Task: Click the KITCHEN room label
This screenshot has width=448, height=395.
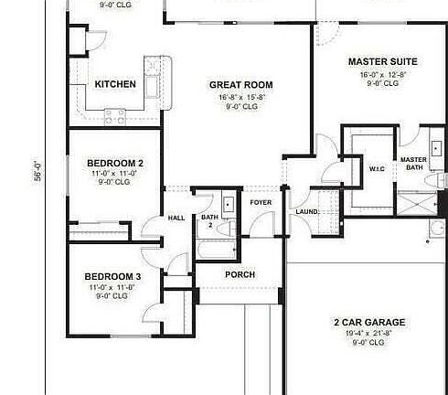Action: click(115, 85)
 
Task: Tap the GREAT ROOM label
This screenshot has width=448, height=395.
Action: click(241, 85)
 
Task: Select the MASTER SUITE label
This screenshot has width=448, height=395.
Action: click(382, 62)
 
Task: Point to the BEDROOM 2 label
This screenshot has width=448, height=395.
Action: click(112, 163)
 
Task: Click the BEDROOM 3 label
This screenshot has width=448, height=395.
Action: click(112, 276)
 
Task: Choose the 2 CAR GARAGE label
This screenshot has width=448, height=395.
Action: click(368, 322)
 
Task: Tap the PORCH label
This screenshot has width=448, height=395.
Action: click(240, 274)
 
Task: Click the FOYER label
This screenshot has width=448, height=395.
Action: click(261, 202)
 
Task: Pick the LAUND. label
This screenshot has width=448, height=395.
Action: click(306, 212)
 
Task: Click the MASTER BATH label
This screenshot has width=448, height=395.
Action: click(413, 164)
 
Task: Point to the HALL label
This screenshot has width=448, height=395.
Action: click(176, 218)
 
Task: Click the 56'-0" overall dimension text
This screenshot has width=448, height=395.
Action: click(38, 173)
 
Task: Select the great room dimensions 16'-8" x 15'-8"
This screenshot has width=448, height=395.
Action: click(241, 97)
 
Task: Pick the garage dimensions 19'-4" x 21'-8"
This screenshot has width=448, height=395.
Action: click(368, 334)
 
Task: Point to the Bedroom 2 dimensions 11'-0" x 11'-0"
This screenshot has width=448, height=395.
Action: click(112, 173)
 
